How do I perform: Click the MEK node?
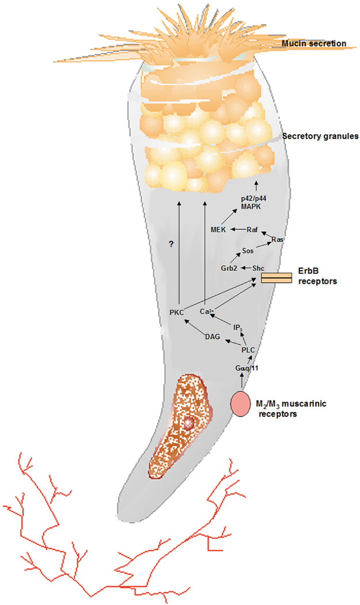[219, 230]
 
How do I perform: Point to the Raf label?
[251, 230]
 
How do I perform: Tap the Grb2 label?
[230, 269]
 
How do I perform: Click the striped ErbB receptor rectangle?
[274, 278]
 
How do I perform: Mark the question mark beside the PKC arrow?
[170, 245]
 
